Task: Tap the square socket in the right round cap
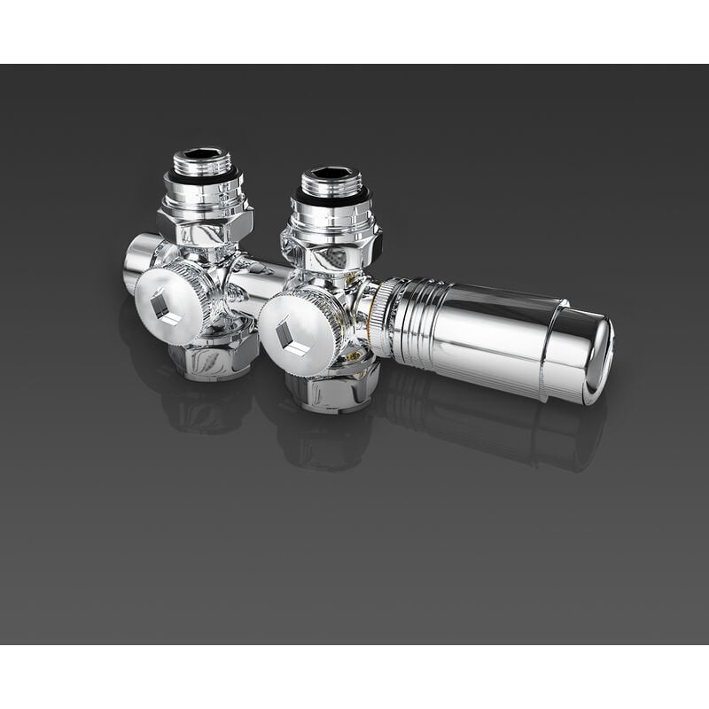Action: pos(292,337)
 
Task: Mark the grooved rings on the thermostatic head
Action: pos(412,323)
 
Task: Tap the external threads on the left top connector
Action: pos(201,166)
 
